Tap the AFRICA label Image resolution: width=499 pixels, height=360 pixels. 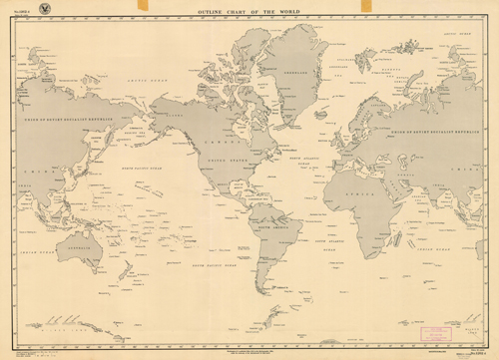click(348, 196)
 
